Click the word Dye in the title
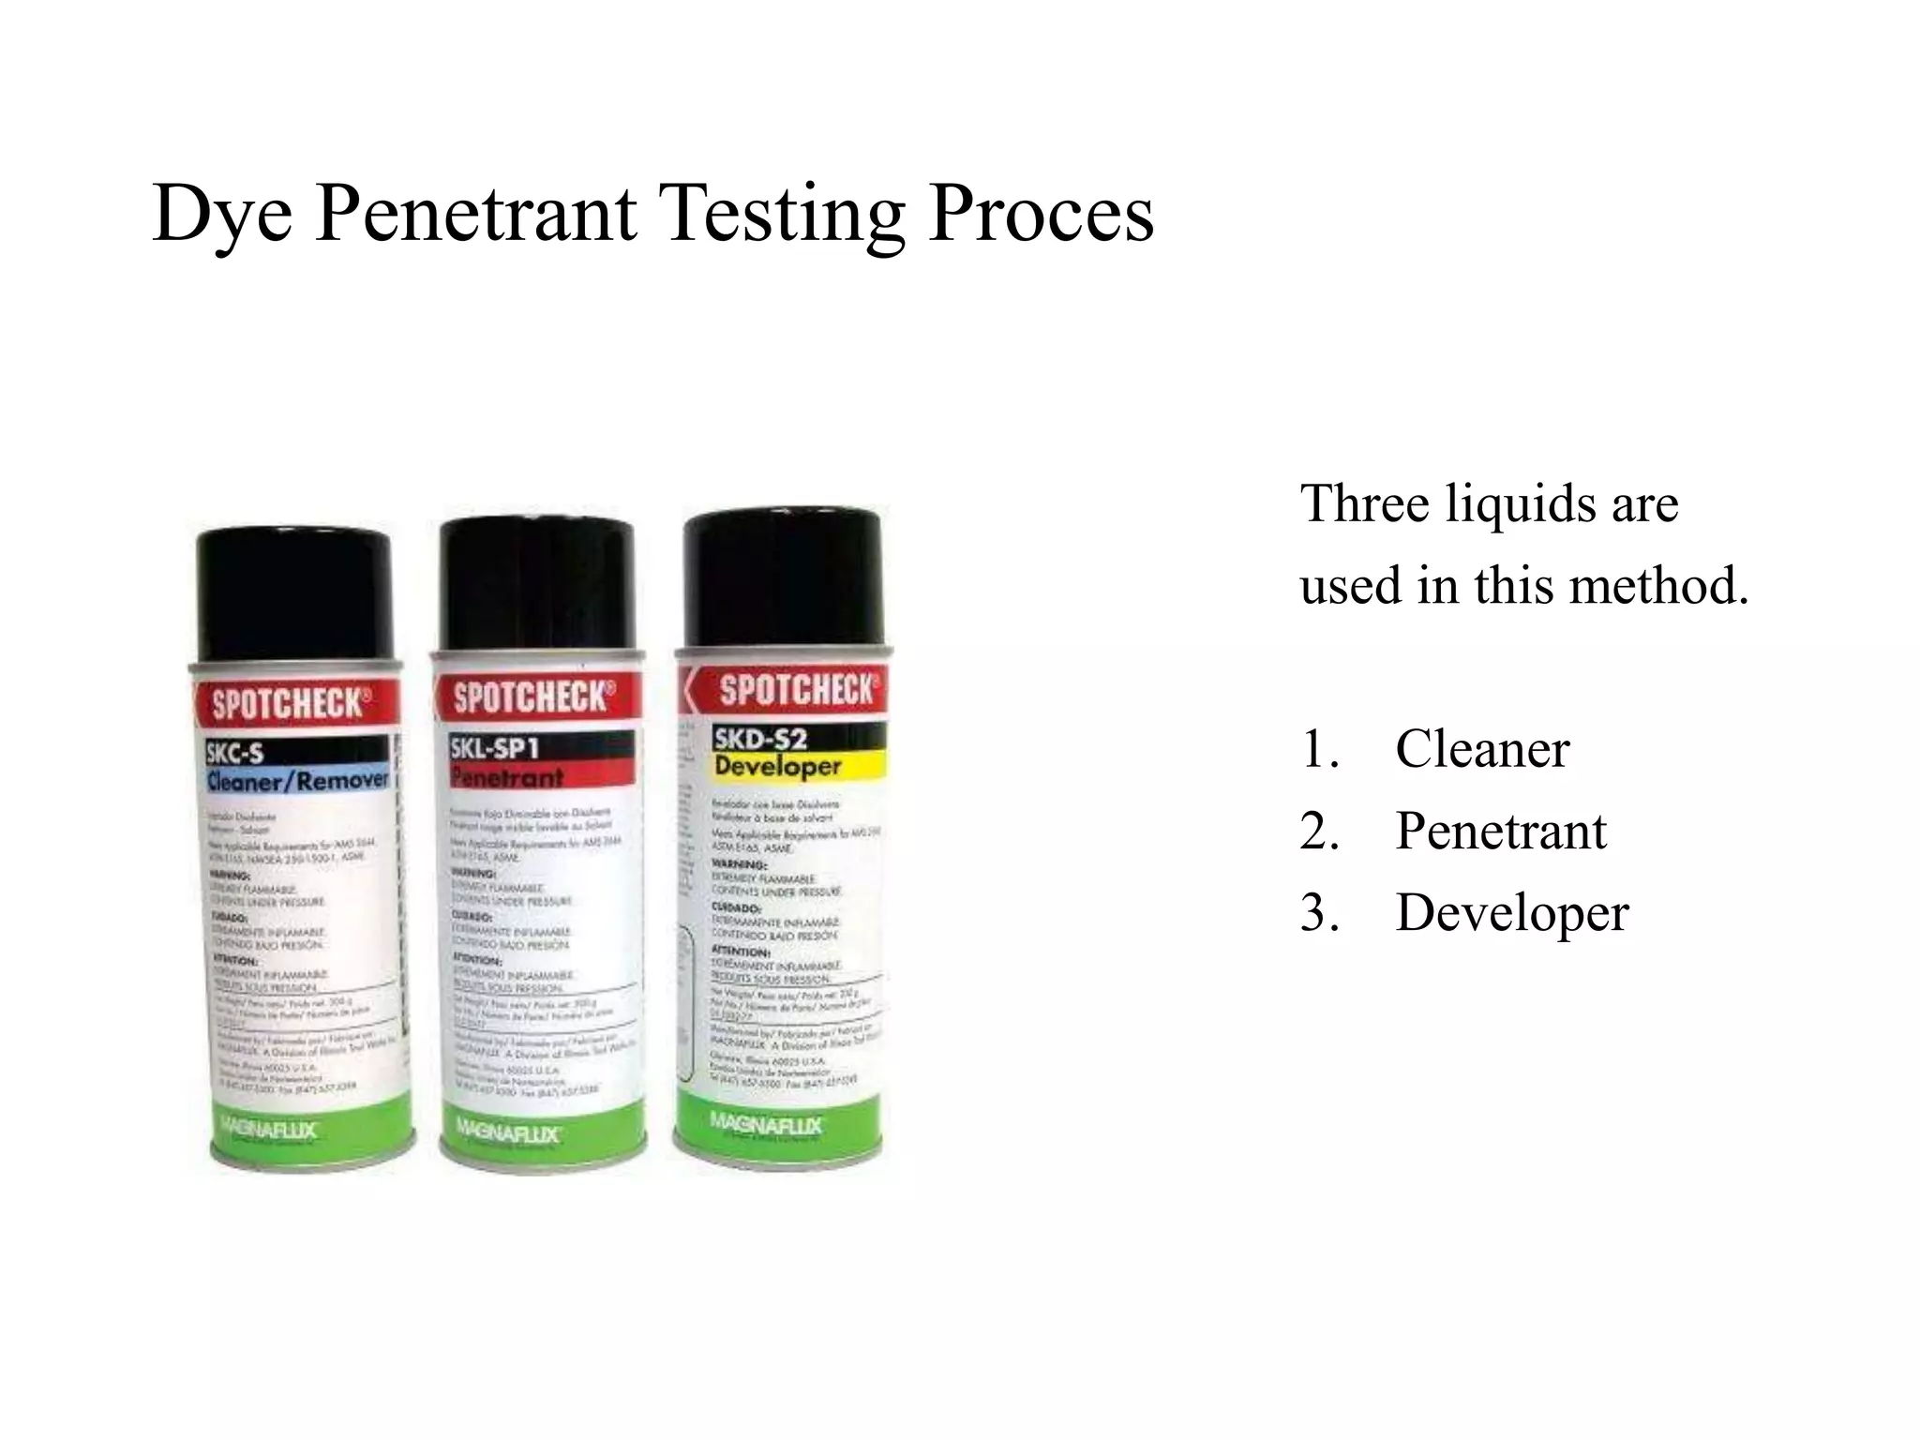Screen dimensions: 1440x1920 [221, 216]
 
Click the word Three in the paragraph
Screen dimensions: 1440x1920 [1365, 504]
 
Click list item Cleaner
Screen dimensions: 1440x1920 [1481, 750]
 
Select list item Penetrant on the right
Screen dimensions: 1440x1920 [1500, 832]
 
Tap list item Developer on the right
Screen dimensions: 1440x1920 [1511, 913]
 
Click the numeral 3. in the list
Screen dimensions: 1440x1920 [1319, 913]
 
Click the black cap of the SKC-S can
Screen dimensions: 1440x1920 [294, 595]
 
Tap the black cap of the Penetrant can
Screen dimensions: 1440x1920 [537, 583]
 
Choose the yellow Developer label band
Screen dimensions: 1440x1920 [797, 766]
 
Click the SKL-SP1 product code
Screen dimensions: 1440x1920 [495, 747]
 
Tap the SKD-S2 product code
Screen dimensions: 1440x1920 [759, 739]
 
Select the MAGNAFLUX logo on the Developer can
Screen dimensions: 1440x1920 [765, 1124]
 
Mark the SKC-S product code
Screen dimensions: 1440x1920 [235, 752]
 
